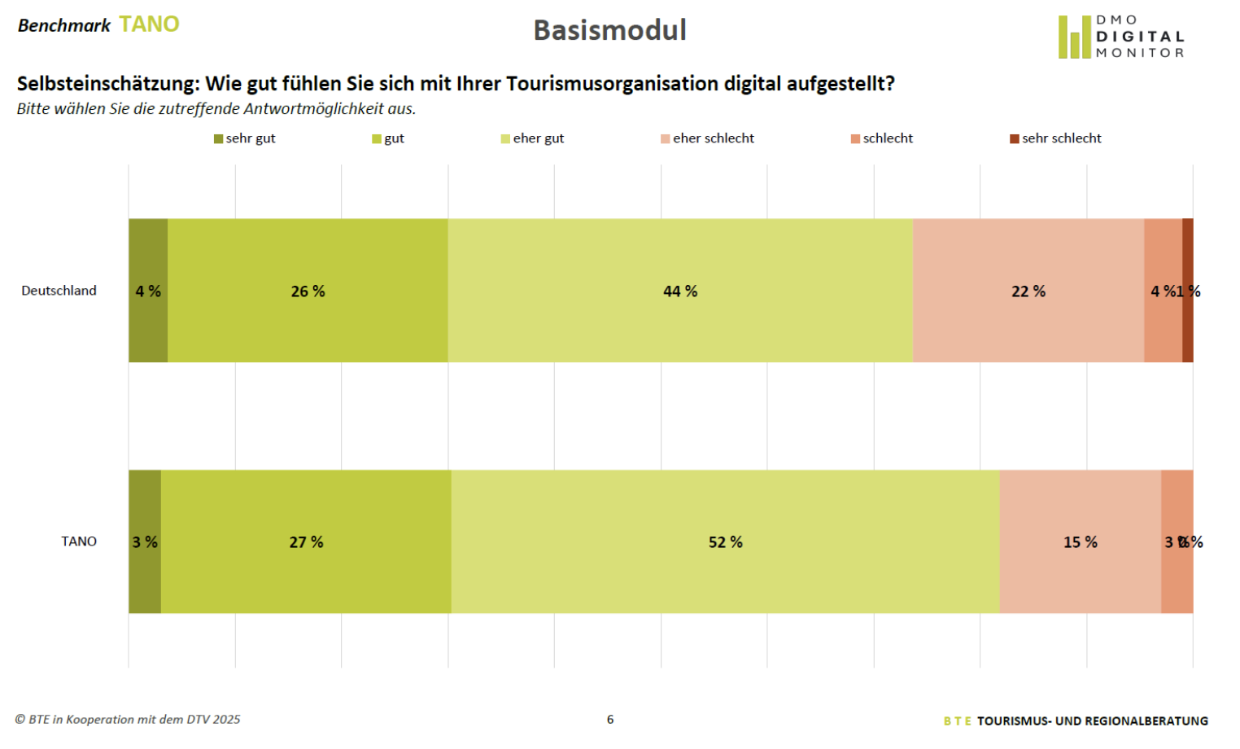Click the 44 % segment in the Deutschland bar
[x=680, y=291]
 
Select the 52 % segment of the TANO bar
[x=725, y=541]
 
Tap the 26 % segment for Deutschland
[x=308, y=291]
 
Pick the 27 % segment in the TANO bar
[x=306, y=541]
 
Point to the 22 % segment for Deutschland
[x=1028, y=291]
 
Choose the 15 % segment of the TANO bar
[x=1080, y=541]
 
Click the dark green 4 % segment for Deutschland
[x=148, y=291]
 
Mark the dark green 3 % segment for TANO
[x=145, y=541]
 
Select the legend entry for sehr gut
[x=245, y=138]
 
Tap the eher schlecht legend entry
[x=708, y=138]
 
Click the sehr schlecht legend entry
[x=1056, y=138]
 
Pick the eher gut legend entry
[x=533, y=138]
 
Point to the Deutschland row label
[x=59, y=291]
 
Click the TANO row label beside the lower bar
[x=79, y=541]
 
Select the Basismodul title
[x=609, y=30]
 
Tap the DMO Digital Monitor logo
[x=1121, y=37]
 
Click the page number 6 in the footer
[x=610, y=719]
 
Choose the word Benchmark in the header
[x=64, y=25]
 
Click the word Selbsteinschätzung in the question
[x=107, y=84]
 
